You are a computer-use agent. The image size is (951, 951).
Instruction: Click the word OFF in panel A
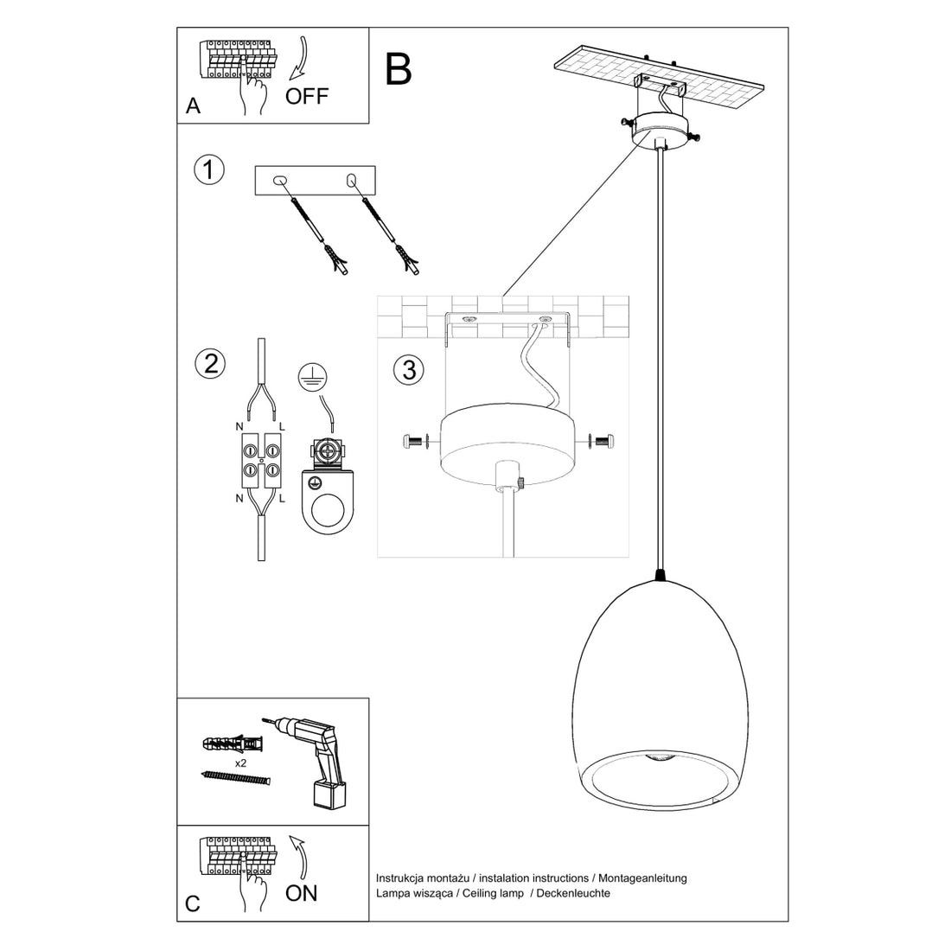[x=306, y=96]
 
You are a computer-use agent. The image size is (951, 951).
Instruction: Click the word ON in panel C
[x=302, y=893]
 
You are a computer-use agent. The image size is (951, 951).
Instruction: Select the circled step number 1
[x=209, y=169]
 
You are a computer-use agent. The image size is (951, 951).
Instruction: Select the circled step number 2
[x=210, y=363]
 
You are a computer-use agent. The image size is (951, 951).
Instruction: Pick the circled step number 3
[x=409, y=369]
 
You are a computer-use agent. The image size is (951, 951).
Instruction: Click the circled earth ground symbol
[x=313, y=377]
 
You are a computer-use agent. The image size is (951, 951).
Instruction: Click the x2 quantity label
[x=241, y=763]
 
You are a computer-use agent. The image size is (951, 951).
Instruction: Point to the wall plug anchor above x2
[x=233, y=743]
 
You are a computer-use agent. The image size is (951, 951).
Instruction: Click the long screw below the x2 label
[x=235, y=777]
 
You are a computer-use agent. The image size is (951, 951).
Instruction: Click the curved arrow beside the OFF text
[x=299, y=58]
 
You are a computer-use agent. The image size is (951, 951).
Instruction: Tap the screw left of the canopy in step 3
[x=415, y=442]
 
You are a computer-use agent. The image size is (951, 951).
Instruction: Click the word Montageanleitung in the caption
[x=643, y=878]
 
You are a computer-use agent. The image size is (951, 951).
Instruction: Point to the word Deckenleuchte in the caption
[x=573, y=893]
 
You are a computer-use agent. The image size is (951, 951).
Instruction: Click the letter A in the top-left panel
[x=193, y=106]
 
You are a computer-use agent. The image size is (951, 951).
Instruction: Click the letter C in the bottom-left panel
[x=192, y=903]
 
